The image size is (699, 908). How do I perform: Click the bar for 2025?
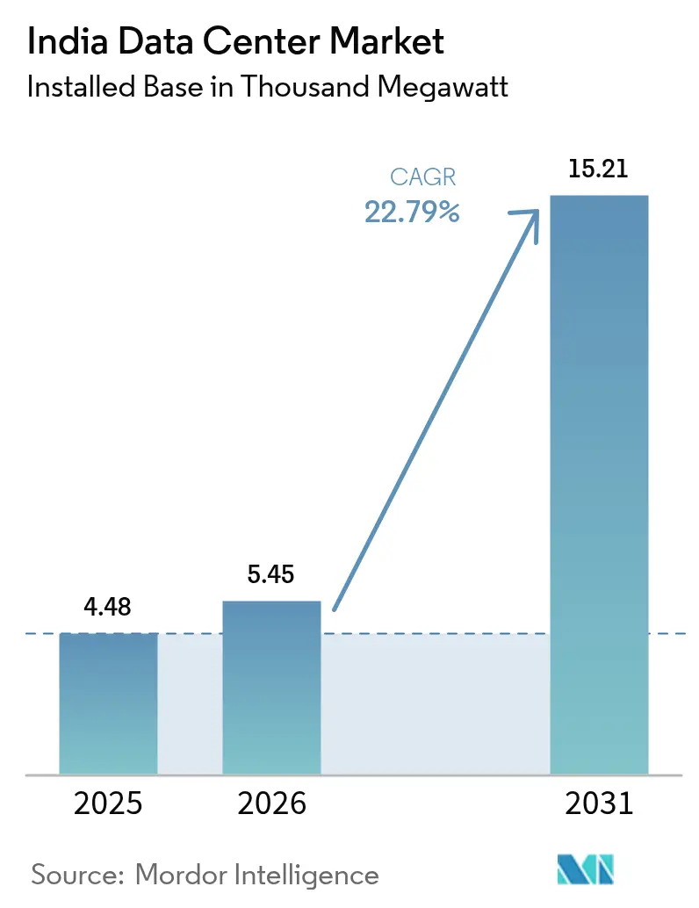click(108, 703)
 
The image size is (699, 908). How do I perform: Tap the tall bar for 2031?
click(599, 483)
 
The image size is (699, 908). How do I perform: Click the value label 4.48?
click(108, 608)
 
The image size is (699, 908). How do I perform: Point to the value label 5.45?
click(271, 575)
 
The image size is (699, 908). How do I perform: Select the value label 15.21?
click(599, 169)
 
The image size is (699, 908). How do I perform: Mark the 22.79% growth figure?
click(413, 212)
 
